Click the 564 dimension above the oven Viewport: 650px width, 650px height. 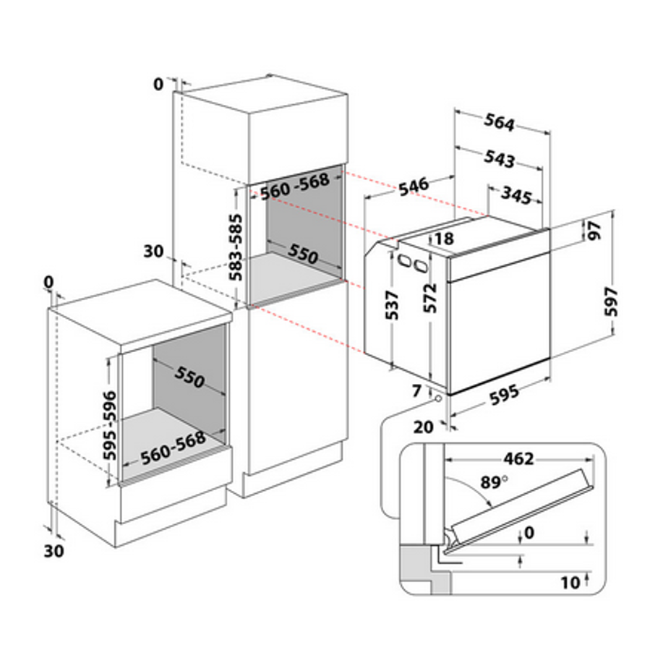point(500,122)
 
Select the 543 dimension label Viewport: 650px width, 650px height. point(500,159)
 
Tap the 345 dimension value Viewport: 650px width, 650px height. point(516,195)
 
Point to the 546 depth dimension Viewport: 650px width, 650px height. point(414,187)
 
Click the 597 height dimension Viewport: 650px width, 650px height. point(611,302)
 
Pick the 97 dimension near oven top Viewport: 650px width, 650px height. point(594,231)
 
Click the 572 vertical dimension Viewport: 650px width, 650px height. point(430,298)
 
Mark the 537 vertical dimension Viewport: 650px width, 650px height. point(392,305)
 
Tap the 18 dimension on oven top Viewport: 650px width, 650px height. point(445,239)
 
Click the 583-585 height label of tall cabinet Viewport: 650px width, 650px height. point(236,247)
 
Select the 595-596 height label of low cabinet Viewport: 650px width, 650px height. point(110,426)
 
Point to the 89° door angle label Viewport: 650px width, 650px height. point(494,482)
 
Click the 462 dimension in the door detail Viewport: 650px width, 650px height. point(518,459)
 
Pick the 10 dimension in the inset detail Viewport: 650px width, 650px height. point(570,583)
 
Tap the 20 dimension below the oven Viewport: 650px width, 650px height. point(423,427)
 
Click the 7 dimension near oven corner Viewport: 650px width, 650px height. point(416,390)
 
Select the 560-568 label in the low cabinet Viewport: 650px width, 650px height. point(174,448)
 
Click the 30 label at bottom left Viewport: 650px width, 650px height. point(54,551)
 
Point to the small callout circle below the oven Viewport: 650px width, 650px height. point(438,398)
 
